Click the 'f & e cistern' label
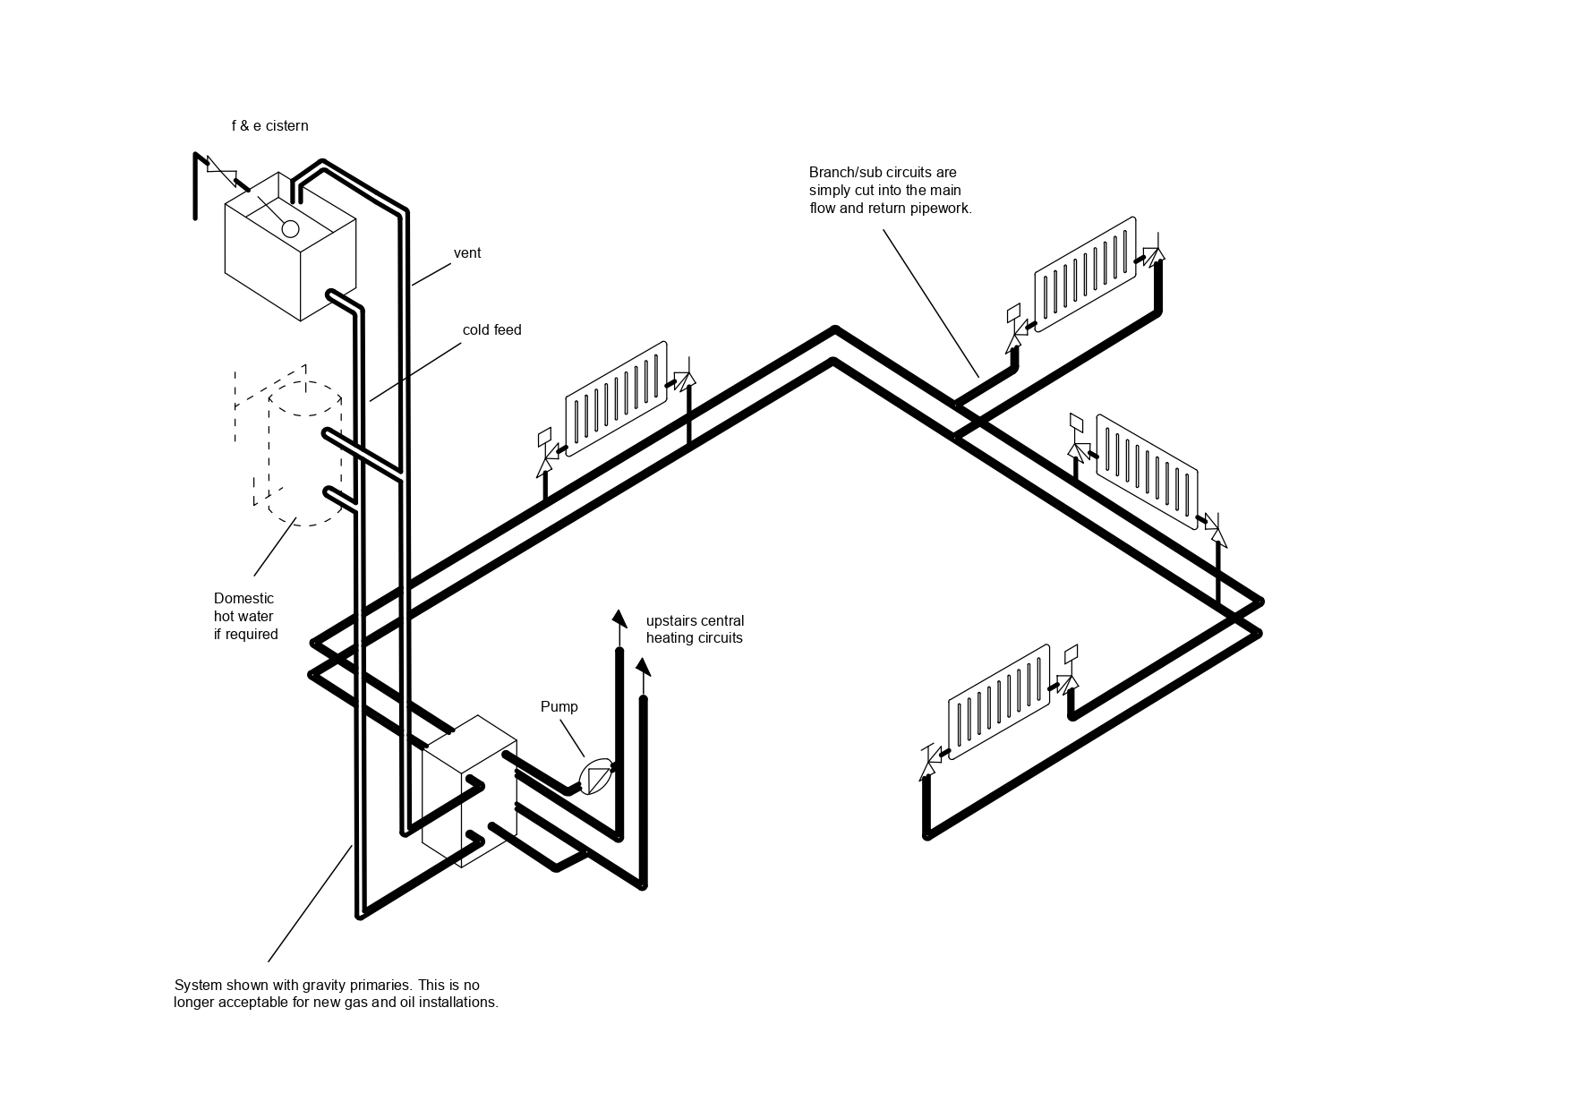pos(269,126)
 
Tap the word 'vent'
pos(467,253)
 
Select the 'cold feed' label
pos(491,330)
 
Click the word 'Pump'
pos(559,707)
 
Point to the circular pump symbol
pos(596,776)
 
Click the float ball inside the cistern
pos(290,228)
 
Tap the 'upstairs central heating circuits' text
pos(695,629)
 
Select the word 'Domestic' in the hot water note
pos(243,599)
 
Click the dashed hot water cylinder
pos(304,452)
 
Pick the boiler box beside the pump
pos(469,791)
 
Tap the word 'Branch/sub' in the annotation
pos(841,173)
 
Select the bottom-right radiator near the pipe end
pos(999,702)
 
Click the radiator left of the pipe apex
pos(616,398)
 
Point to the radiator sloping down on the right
pos(1147,472)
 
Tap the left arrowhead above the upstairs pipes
pos(619,618)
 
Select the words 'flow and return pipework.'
pos(891,209)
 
